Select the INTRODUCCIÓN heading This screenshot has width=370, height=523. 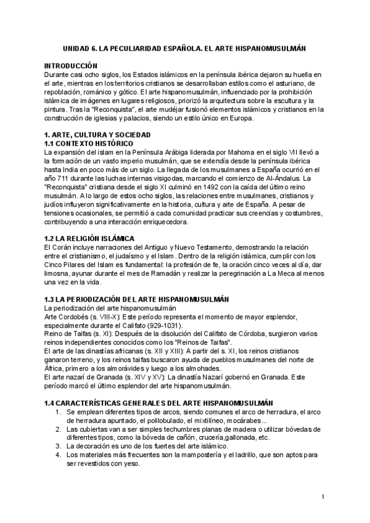(x=70, y=65)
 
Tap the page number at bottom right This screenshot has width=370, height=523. (x=323, y=496)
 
